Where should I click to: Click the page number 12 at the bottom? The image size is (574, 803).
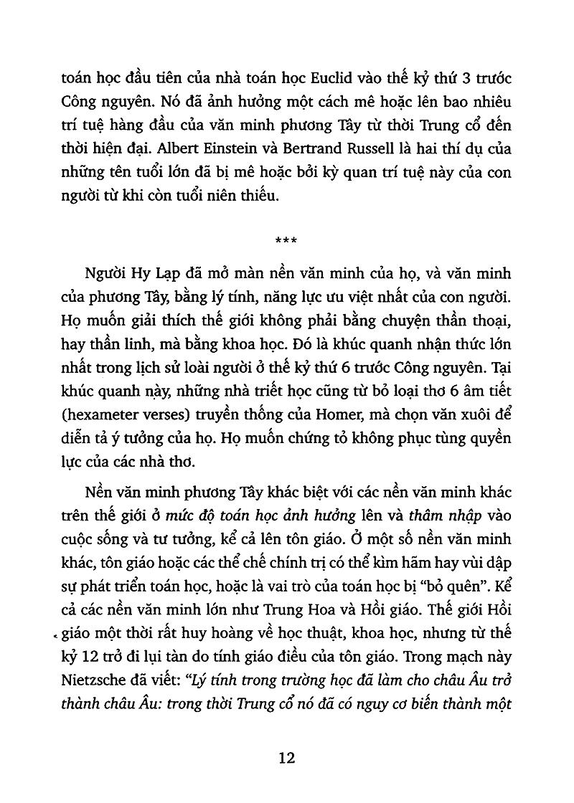click(x=286, y=758)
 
